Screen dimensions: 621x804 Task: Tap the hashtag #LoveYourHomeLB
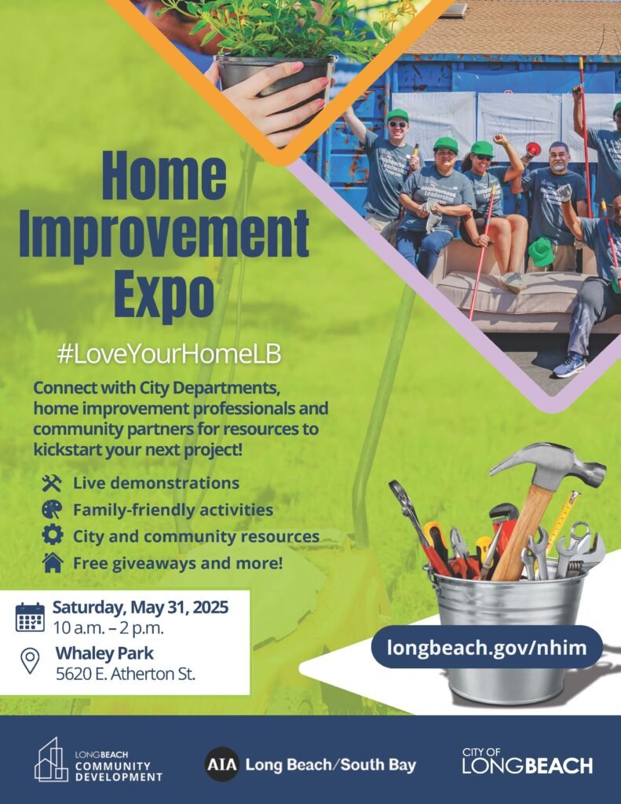(x=170, y=355)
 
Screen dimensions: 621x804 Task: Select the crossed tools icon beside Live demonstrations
(x=52, y=483)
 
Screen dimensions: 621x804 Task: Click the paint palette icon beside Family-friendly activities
(x=52, y=510)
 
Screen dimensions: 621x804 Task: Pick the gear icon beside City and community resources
(x=53, y=535)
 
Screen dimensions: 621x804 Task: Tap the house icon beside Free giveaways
(x=53, y=562)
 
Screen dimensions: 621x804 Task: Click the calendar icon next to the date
(x=31, y=617)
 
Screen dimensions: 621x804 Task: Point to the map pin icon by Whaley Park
(x=31, y=661)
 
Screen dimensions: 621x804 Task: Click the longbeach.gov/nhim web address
(x=487, y=647)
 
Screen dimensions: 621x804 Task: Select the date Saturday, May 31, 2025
(x=141, y=607)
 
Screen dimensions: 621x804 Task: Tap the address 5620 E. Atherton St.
(x=126, y=674)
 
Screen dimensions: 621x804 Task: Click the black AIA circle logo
(x=222, y=765)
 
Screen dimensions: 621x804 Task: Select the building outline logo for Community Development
(x=51, y=760)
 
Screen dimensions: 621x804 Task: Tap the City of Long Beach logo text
(x=527, y=761)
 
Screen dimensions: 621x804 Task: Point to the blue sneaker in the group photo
(x=569, y=366)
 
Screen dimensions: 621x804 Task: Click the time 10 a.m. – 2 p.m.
(x=108, y=628)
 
